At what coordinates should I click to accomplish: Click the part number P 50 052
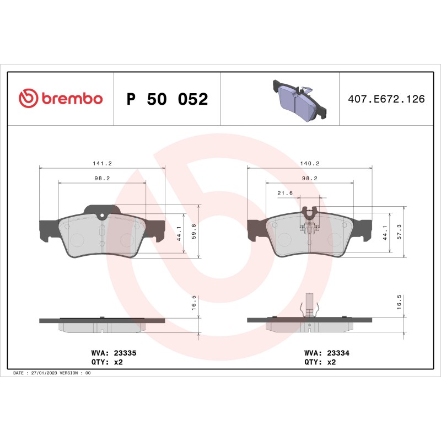coord(167,99)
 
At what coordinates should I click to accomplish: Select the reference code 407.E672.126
coord(386,99)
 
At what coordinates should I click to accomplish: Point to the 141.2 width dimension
coord(102,164)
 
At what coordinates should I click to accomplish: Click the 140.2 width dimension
coord(309,164)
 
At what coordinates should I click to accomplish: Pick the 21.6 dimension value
coord(284,193)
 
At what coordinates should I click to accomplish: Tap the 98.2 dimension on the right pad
coord(309,179)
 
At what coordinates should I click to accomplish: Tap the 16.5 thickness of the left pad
coord(194,303)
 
